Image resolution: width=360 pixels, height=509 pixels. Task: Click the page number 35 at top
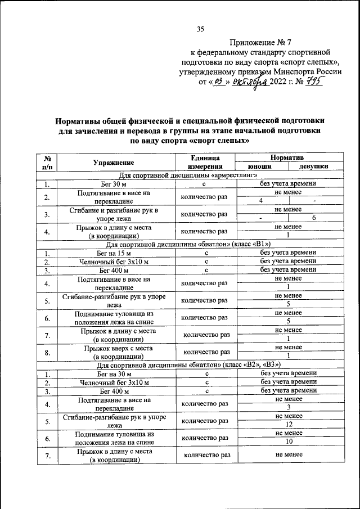[x=200, y=29]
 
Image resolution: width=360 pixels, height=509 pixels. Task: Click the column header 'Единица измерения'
[x=203, y=162]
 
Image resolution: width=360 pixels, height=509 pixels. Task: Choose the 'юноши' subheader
[x=261, y=166]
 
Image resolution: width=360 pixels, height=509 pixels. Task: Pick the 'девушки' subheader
[x=314, y=166]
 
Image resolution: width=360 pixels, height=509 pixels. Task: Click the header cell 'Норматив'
[x=287, y=158]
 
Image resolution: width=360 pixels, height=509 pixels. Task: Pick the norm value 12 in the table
[x=288, y=425]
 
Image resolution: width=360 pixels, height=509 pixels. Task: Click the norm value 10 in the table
[x=288, y=442]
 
